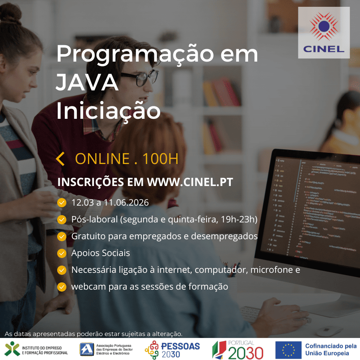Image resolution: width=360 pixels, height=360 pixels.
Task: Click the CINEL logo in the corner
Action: pyautogui.click(x=324, y=33)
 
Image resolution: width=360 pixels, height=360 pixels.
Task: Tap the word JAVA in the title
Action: pyautogui.click(x=87, y=83)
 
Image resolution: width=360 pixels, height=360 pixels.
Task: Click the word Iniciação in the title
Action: pyautogui.click(x=108, y=111)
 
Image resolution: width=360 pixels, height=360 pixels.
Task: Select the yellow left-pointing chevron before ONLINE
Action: pyautogui.click(x=60, y=159)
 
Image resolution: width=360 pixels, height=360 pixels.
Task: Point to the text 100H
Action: pyautogui.click(x=160, y=159)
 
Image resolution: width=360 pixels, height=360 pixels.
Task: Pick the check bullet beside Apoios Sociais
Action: pyautogui.click(x=62, y=253)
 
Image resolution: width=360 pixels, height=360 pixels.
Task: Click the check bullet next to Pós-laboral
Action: pyautogui.click(x=62, y=220)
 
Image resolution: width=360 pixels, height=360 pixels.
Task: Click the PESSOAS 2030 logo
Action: pyautogui.click(x=172, y=350)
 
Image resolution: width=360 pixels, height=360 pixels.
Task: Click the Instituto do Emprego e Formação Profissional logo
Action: pyautogui.click(x=36, y=350)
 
